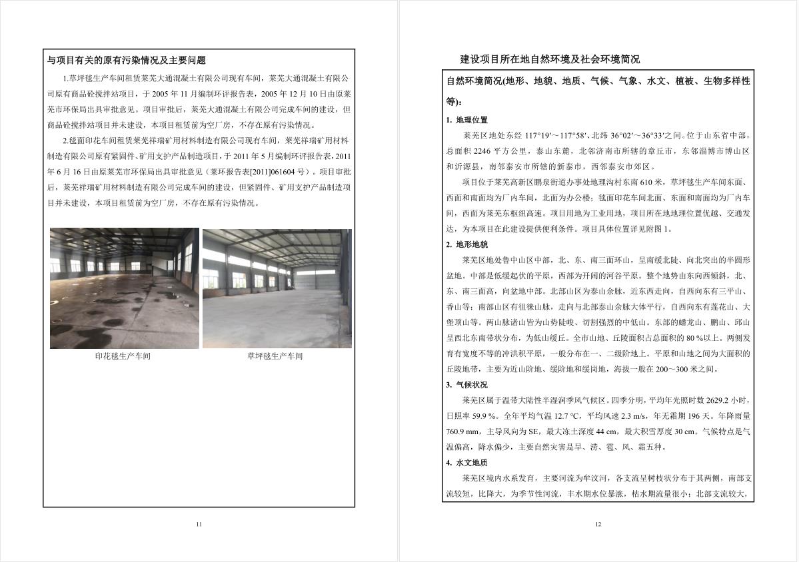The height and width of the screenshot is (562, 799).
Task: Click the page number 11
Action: coord(199,525)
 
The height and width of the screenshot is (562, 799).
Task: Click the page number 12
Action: coord(598,525)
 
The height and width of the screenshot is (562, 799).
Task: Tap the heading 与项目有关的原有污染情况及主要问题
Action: coord(127,60)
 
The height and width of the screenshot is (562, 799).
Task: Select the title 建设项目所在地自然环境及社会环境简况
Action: coord(550,59)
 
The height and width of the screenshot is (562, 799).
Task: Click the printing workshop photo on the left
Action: coord(125,288)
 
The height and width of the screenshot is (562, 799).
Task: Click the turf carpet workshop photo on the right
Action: coord(277,288)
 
